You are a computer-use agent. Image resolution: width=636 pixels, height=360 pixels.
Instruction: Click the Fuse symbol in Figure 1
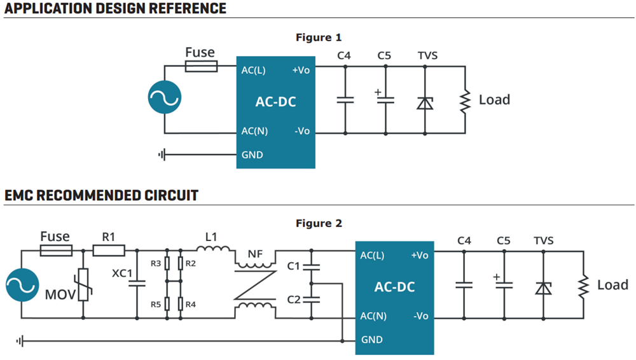pyautogui.click(x=200, y=66)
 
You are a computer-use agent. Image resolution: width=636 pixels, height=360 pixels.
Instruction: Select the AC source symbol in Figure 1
pyautogui.click(x=165, y=100)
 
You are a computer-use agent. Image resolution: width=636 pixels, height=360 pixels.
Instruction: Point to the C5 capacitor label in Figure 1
pyautogui.click(x=384, y=56)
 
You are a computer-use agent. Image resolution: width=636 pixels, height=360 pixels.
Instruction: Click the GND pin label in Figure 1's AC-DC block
pyautogui.click(x=252, y=155)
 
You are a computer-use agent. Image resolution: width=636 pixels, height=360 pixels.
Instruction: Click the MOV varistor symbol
pyautogui.click(x=82, y=284)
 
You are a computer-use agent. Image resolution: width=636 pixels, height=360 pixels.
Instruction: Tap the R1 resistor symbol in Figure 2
pyautogui.click(x=109, y=251)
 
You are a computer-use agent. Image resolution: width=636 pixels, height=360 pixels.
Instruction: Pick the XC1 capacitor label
pyautogui.click(x=122, y=273)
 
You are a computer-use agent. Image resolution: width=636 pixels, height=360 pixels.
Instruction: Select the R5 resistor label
pyautogui.click(x=155, y=304)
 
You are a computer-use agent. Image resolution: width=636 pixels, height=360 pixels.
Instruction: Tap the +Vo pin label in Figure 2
pyautogui.click(x=420, y=256)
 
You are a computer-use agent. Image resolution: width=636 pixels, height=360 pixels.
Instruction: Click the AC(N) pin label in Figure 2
pyautogui.click(x=373, y=315)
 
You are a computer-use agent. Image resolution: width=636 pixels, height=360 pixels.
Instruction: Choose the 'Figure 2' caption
pyautogui.click(x=319, y=223)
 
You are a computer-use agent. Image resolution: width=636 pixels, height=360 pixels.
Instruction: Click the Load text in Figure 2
pyautogui.click(x=612, y=285)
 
